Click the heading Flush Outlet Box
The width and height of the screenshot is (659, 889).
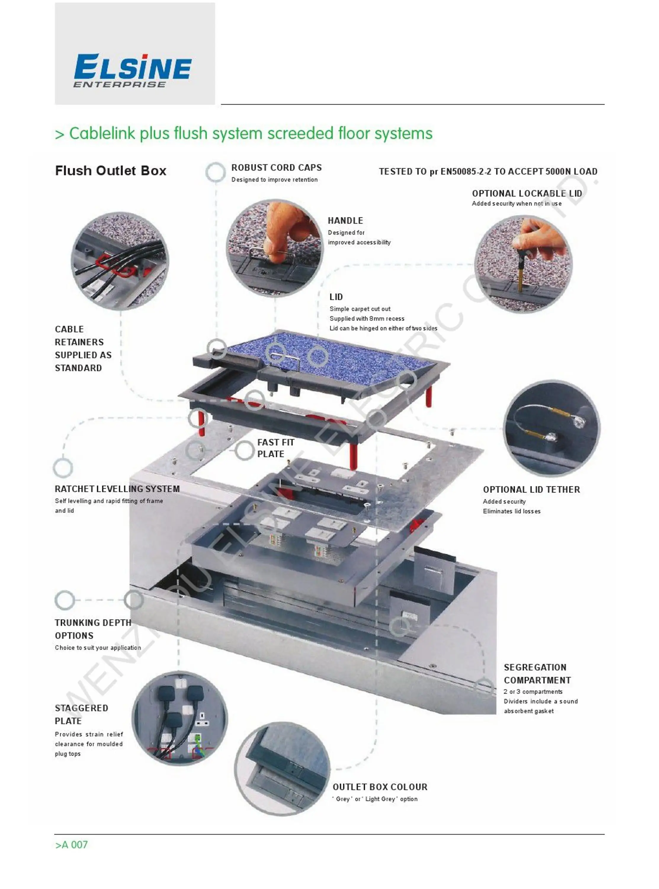(x=110, y=171)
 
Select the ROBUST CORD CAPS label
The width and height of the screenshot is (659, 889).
(x=276, y=168)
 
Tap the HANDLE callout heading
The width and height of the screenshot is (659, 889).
(x=345, y=221)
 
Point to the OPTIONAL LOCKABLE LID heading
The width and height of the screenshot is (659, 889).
(x=527, y=194)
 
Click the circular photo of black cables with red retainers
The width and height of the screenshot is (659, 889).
(x=120, y=261)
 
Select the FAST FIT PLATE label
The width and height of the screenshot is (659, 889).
(x=275, y=448)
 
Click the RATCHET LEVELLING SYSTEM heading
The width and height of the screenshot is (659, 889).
(x=117, y=489)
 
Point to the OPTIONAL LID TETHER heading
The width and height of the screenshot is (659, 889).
(x=531, y=490)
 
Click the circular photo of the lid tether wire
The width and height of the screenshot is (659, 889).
(x=552, y=428)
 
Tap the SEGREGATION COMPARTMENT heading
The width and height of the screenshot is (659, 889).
(x=537, y=674)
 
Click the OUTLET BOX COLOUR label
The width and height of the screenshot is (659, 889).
(x=380, y=787)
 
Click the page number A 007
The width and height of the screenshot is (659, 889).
(x=71, y=845)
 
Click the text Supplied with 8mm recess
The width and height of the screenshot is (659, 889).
(x=367, y=319)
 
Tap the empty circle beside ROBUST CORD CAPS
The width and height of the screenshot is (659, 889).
(x=215, y=172)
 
